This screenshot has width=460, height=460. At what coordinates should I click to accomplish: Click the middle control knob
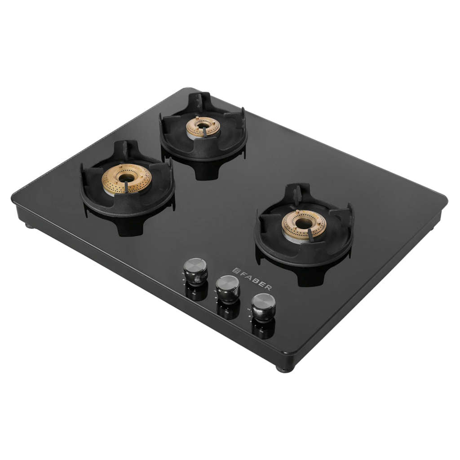click(x=228, y=289)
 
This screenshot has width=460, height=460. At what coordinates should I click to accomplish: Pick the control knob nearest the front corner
click(x=263, y=307)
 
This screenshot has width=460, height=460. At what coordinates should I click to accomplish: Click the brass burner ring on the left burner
click(x=127, y=179)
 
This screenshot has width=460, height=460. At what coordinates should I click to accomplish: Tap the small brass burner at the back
click(x=203, y=127)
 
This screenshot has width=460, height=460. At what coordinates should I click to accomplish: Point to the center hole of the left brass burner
click(x=127, y=177)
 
